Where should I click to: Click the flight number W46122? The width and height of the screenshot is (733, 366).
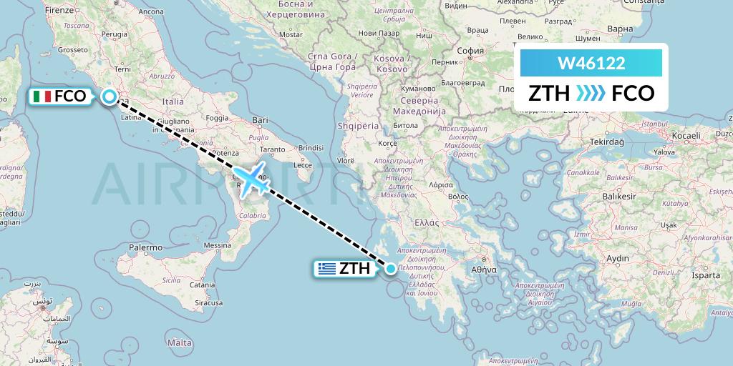pos(591,63)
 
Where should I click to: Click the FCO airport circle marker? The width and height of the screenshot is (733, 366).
pos(109,97)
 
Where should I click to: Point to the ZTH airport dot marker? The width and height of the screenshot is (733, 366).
pos(391,269)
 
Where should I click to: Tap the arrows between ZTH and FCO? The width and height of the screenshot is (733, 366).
pos(591,94)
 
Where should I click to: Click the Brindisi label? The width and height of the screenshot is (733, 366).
pos(311,147)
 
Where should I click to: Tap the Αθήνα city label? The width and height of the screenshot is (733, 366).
pos(482,270)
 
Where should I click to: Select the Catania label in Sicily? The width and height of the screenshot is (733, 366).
pos(203,285)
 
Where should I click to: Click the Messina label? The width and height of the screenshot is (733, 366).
pos(216,245)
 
